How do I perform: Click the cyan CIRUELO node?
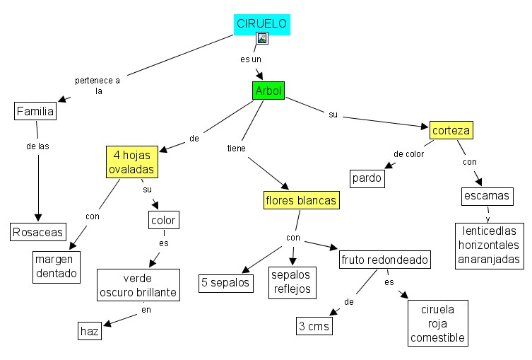click(261, 24)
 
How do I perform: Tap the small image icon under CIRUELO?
click(262, 38)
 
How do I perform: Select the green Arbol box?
click(268, 91)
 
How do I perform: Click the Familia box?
click(35, 111)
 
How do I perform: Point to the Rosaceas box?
click(38, 231)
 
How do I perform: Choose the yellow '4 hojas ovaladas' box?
click(131, 163)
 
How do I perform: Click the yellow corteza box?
click(451, 130)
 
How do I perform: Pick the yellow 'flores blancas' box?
click(301, 201)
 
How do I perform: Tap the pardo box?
click(367, 178)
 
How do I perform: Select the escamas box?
click(486, 195)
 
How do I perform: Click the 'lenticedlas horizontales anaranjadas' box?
click(490, 245)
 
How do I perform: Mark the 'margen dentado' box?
click(57, 266)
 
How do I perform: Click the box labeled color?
click(163, 220)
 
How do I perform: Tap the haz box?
click(90, 330)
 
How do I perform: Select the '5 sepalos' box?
click(225, 282)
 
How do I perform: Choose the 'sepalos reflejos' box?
click(292, 281)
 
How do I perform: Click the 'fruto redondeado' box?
click(384, 260)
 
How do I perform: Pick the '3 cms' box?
click(314, 326)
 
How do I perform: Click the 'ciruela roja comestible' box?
click(438, 323)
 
